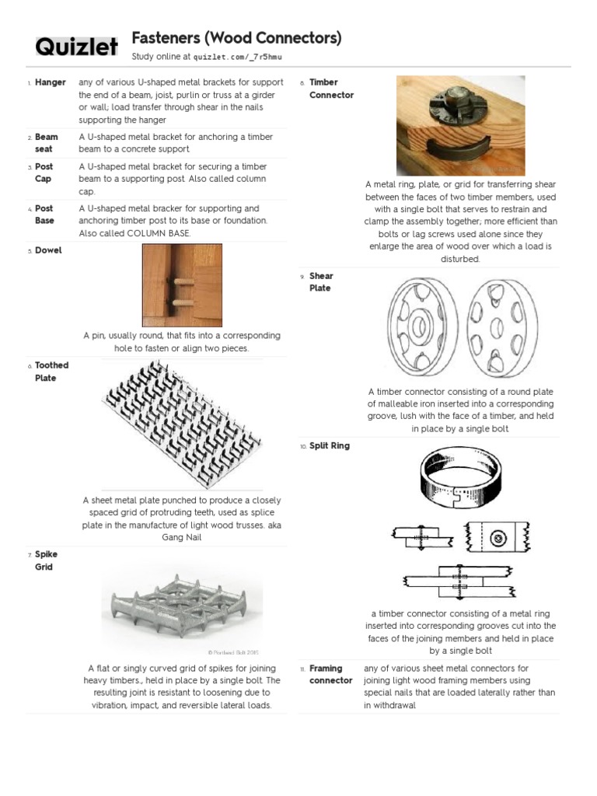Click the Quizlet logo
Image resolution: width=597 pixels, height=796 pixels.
point(76,47)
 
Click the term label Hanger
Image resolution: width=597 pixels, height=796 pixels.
point(50,82)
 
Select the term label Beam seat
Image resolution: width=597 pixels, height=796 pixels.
point(46,143)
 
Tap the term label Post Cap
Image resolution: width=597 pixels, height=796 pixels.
point(44,173)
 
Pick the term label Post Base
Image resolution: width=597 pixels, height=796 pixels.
point(44,215)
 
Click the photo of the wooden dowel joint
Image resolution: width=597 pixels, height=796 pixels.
point(182,285)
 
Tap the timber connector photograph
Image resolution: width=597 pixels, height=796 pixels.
point(456,124)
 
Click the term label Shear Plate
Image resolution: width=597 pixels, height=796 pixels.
point(321,282)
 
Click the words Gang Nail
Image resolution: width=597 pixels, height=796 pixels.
point(182,537)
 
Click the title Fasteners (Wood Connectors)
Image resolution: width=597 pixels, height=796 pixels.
point(236,38)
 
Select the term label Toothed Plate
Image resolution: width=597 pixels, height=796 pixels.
point(51,372)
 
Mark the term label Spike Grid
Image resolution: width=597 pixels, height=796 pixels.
point(46,560)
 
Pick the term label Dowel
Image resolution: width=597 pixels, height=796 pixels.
point(48,250)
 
